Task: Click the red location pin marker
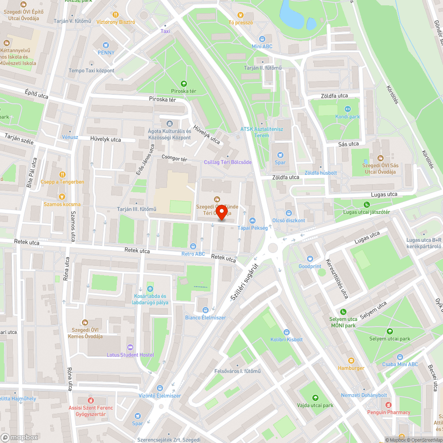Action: pos(221,212)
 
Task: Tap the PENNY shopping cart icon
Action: pos(105,45)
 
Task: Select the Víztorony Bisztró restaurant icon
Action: pos(116,14)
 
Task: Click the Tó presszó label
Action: pos(240,22)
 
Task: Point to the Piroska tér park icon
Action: pos(184,83)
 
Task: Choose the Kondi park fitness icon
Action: pos(347,109)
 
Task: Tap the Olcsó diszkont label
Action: pos(289,220)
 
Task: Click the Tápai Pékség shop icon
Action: pos(253,220)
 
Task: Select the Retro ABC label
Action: pos(193,254)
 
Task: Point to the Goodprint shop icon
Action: pos(310,259)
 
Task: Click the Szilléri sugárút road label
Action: pos(244,280)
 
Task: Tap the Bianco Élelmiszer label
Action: pos(205,318)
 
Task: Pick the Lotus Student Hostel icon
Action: pos(130,347)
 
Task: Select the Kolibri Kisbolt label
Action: pos(286,339)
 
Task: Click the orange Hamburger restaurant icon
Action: pos(351,361)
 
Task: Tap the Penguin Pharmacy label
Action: pos(389,412)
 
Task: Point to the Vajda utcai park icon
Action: pos(315,397)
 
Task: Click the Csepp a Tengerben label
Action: pos(62,182)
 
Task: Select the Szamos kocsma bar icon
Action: pos(62,196)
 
